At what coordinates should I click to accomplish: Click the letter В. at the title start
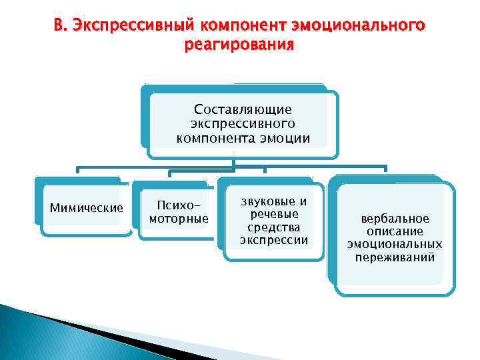click(x=61, y=25)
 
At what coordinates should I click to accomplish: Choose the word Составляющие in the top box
click(x=243, y=109)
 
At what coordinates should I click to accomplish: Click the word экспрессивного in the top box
click(x=243, y=123)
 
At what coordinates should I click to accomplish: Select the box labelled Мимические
click(x=87, y=207)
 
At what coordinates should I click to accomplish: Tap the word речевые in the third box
click(x=274, y=214)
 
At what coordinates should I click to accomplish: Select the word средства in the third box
click(x=274, y=227)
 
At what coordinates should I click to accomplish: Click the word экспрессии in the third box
click(x=274, y=240)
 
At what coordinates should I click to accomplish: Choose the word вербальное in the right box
click(x=395, y=219)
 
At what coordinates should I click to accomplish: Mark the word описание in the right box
click(x=395, y=231)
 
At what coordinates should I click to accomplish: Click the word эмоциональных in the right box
click(x=395, y=244)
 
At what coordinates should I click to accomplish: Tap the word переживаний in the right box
click(x=395, y=257)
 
